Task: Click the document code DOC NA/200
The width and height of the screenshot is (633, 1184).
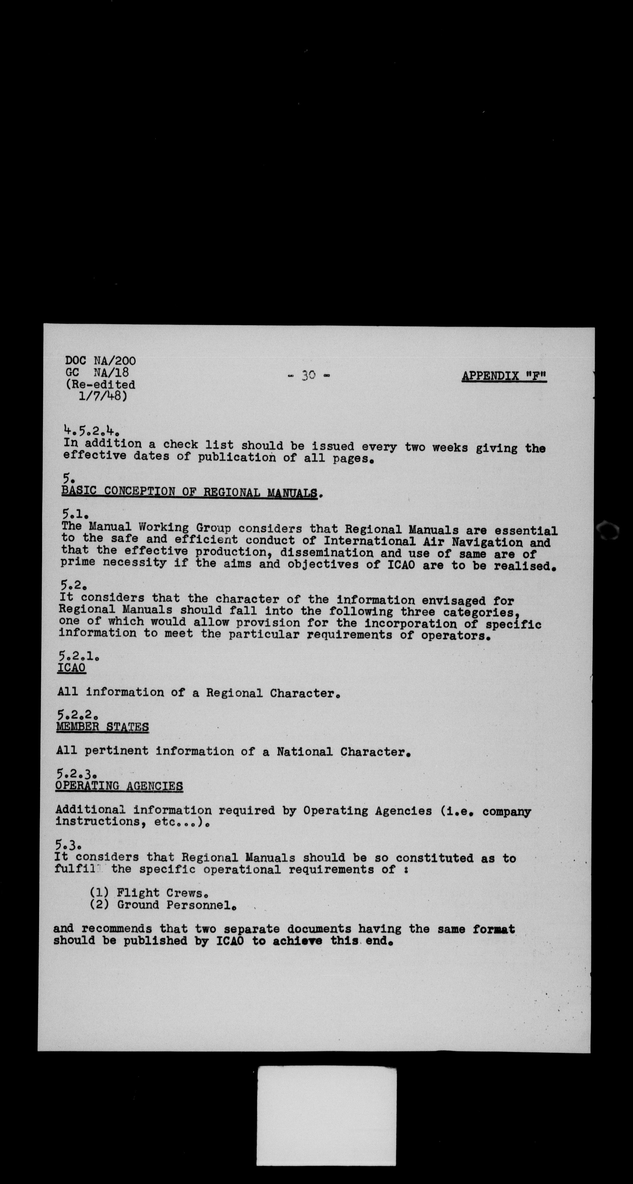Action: [100, 361]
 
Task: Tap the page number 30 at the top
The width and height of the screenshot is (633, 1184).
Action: [308, 375]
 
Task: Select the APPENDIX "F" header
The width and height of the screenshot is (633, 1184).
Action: [504, 376]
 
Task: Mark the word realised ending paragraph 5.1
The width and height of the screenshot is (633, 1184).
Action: [523, 566]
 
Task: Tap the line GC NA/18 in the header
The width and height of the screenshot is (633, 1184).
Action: [97, 372]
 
